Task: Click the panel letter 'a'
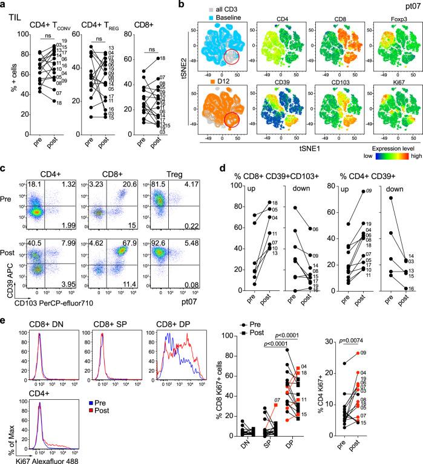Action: [5, 5]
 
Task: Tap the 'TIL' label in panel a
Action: [16, 18]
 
